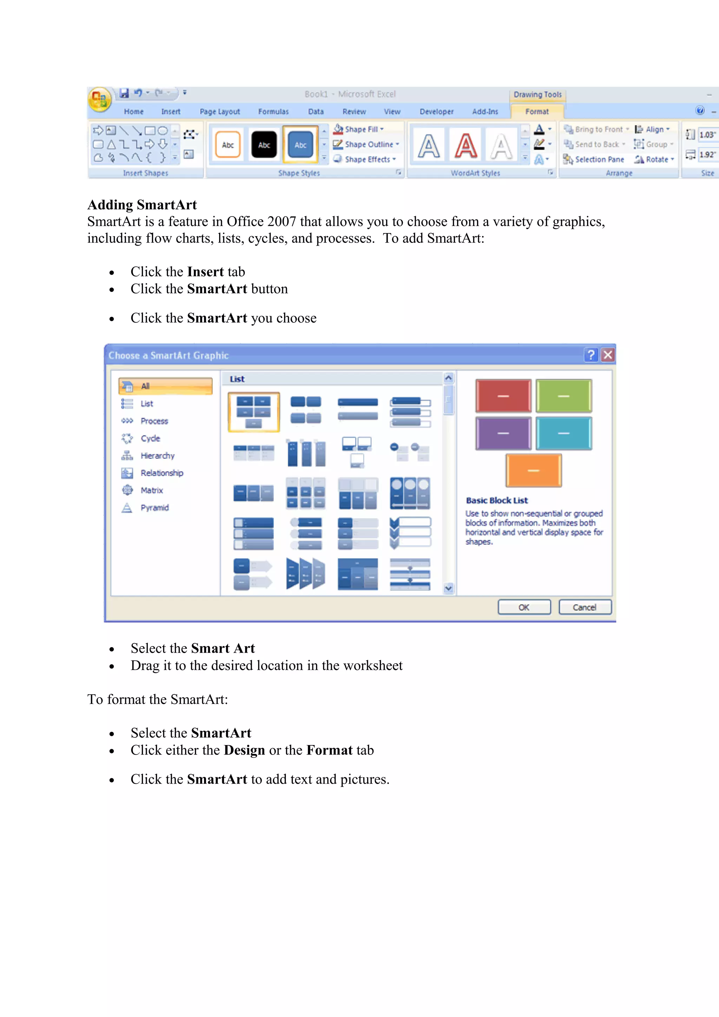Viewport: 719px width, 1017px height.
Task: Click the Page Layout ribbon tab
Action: [219, 112]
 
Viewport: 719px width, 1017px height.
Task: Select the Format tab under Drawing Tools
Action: [536, 112]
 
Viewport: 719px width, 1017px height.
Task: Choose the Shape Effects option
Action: [364, 159]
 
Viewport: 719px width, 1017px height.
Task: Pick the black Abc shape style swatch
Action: [264, 145]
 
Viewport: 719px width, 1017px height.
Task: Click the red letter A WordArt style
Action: [466, 146]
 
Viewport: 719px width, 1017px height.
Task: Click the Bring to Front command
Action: [595, 129]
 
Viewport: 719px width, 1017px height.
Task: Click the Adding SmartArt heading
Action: [142, 205]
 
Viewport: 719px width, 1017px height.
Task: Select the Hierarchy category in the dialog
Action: [157, 456]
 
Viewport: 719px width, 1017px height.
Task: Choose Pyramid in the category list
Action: [154, 507]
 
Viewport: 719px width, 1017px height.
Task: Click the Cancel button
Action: [585, 607]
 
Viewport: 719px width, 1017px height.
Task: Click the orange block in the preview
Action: [533, 470]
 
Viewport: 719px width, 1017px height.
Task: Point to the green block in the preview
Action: [563, 396]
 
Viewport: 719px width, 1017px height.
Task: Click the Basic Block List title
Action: [497, 500]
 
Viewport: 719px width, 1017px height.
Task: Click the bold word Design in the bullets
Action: [244, 750]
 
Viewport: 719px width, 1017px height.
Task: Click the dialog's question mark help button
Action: [591, 355]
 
